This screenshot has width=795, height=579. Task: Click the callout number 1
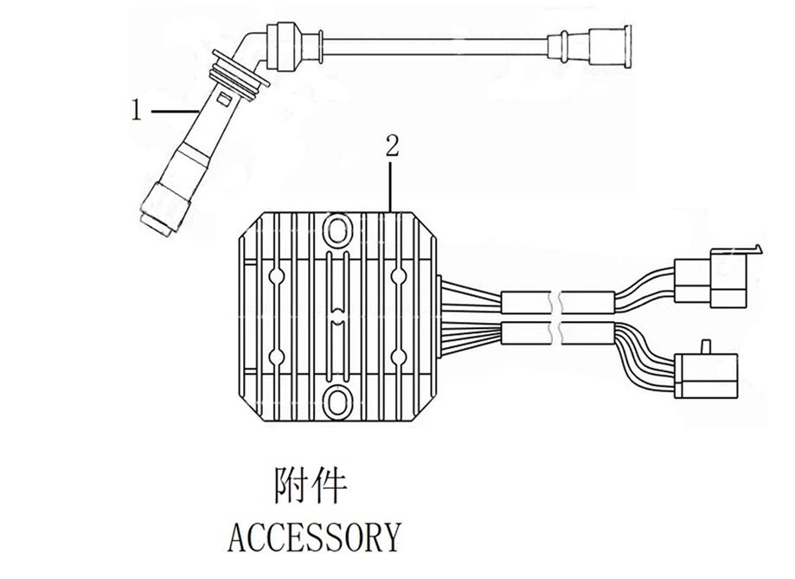coord(135,111)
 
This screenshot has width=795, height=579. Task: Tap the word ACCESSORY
coord(314,537)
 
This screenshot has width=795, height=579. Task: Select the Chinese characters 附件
coord(310,487)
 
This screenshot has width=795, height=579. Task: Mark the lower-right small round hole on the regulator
coord(399,356)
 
